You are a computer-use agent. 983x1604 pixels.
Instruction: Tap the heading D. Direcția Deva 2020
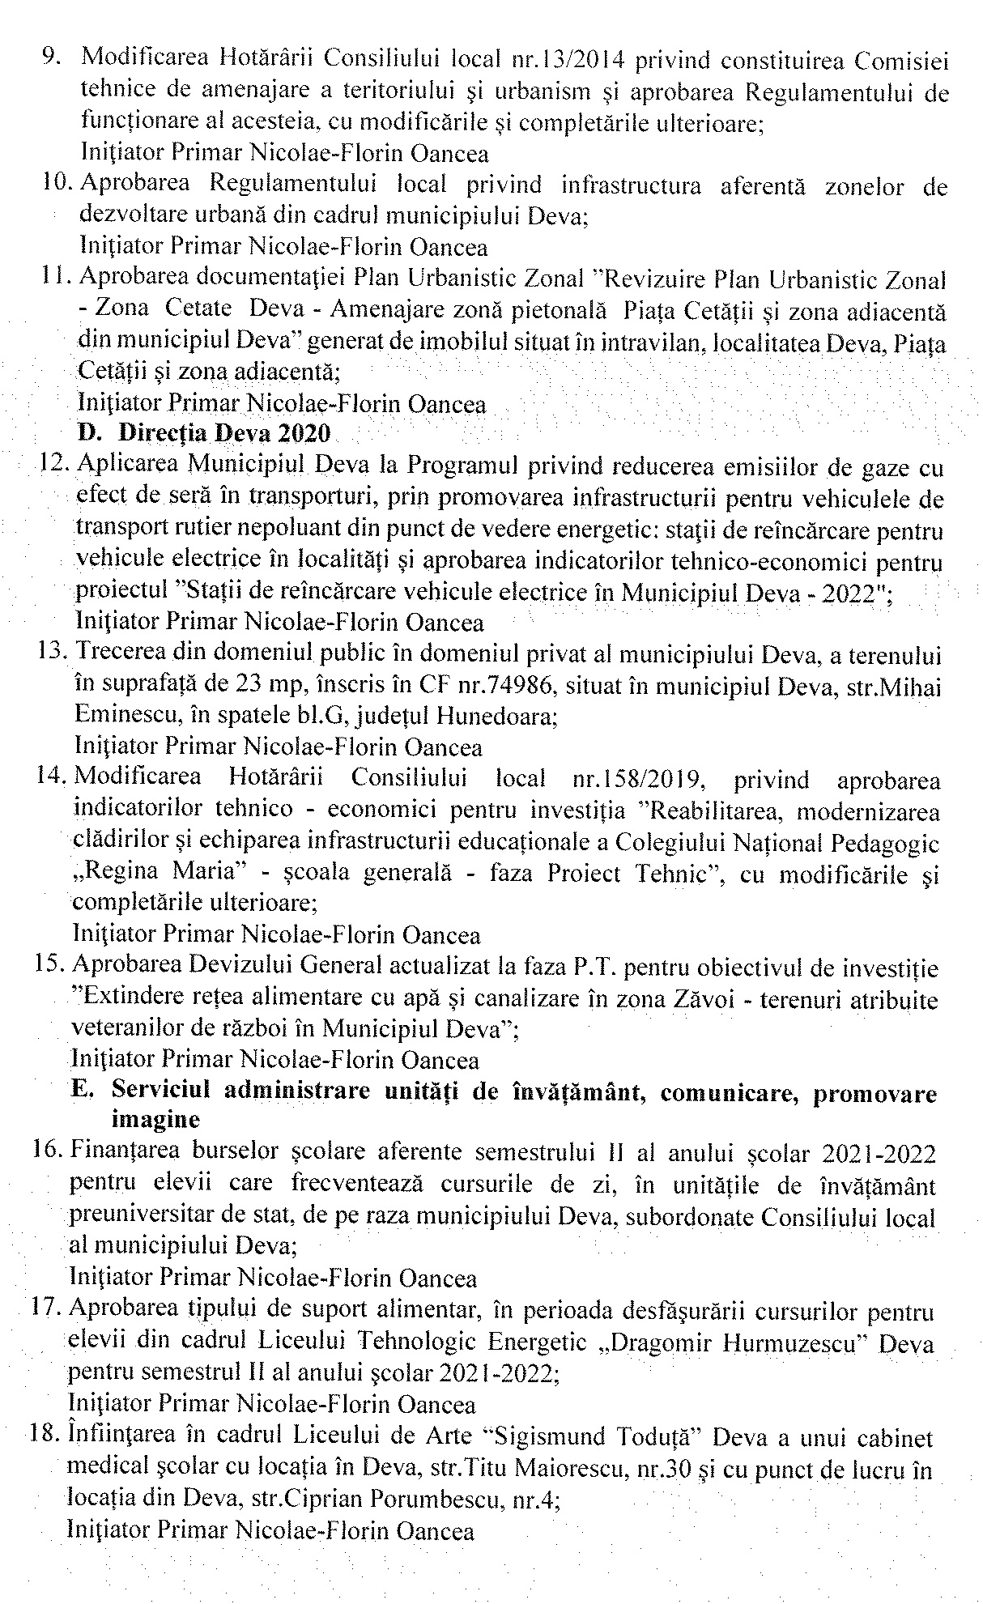coord(204,433)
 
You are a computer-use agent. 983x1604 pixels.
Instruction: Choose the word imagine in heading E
coord(155,1121)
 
